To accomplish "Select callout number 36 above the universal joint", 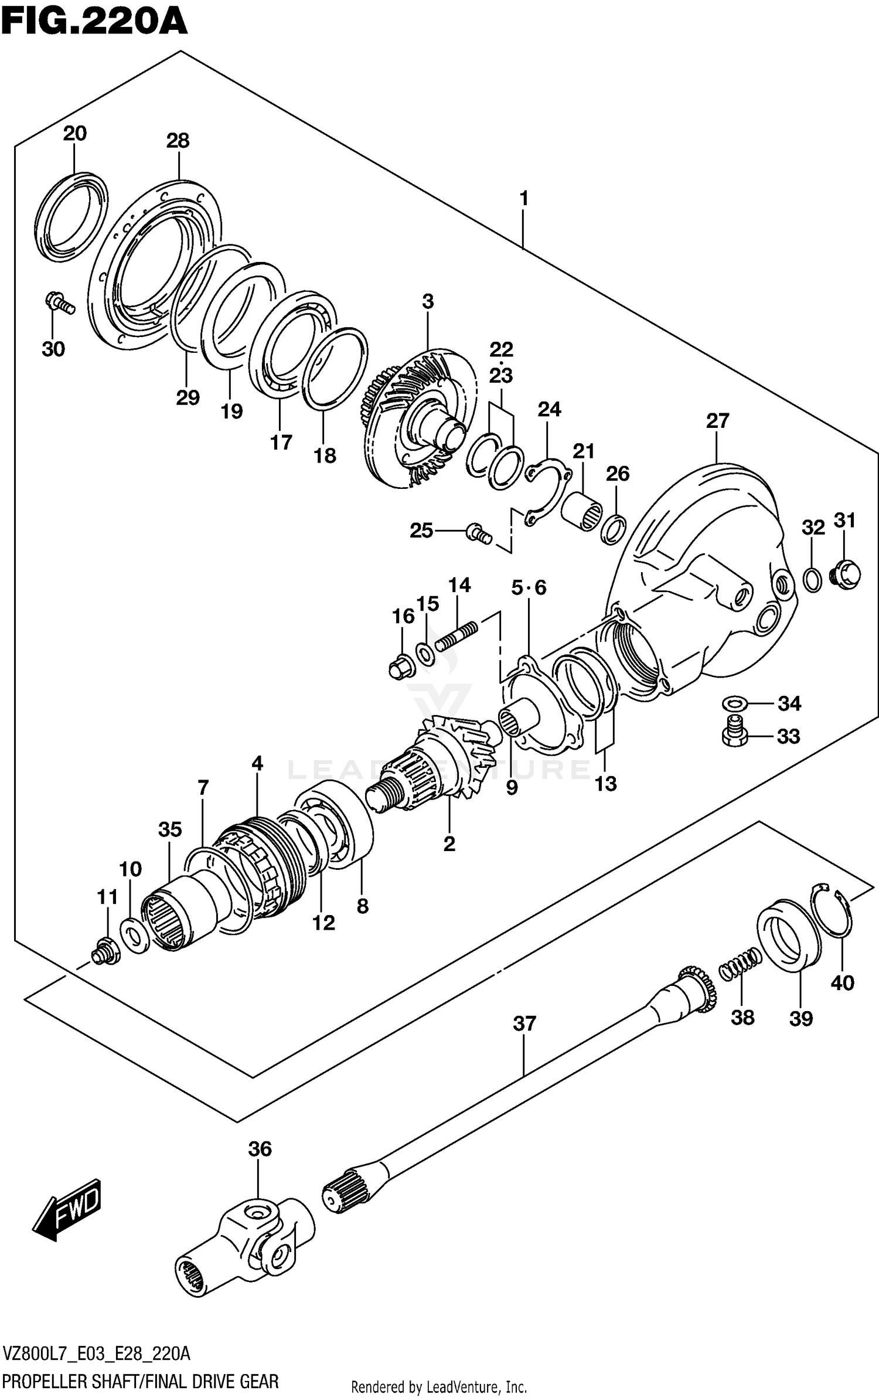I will pyautogui.click(x=260, y=1149).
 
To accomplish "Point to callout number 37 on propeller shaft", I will pyautogui.click(x=524, y=1023).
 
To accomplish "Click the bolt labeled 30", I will pyautogui.click(x=59, y=303).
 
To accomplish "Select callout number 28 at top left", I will pyautogui.click(x=178, y=141).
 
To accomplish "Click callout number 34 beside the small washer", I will pyautogui.click(x=789, y=703).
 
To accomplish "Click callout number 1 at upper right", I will pyautogui.click(x=524, y=199).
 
